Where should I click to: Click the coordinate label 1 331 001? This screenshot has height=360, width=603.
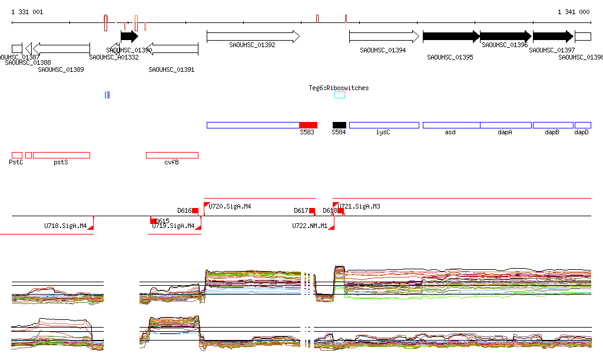(x=27, y=12)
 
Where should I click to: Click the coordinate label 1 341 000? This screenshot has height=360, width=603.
(x=573, y=12)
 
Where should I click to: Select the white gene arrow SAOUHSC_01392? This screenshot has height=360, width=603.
(x=253, y=37)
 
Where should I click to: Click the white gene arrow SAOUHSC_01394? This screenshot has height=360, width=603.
(x=383, y=37)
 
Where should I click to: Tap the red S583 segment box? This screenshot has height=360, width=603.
(x=308, y=125)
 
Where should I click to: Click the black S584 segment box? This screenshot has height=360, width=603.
(x=339, y=125)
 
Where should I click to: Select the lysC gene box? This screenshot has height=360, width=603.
(x=384, y=125)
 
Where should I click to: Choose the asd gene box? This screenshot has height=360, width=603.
(x=451, y=125)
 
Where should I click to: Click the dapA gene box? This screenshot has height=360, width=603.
(x=505, y=125)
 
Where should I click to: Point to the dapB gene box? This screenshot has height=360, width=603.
(x=552, y=125)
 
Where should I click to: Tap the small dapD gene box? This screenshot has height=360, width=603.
(x=582, y=125)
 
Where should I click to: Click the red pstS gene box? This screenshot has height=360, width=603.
(x=61, y=155)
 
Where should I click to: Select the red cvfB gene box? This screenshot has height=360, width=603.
(x=172, y=155)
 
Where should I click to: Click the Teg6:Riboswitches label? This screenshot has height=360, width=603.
(x=339, y=88)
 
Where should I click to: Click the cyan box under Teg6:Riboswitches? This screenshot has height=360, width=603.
(x=340, y=95)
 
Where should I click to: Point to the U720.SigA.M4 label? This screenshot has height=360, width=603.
(x=230, y=206)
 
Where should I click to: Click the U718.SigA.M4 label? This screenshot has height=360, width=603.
(x=65, y=225)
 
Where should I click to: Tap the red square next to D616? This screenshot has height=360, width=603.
(x=196, y=210)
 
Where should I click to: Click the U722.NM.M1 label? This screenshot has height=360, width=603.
(x=310, y=225)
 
